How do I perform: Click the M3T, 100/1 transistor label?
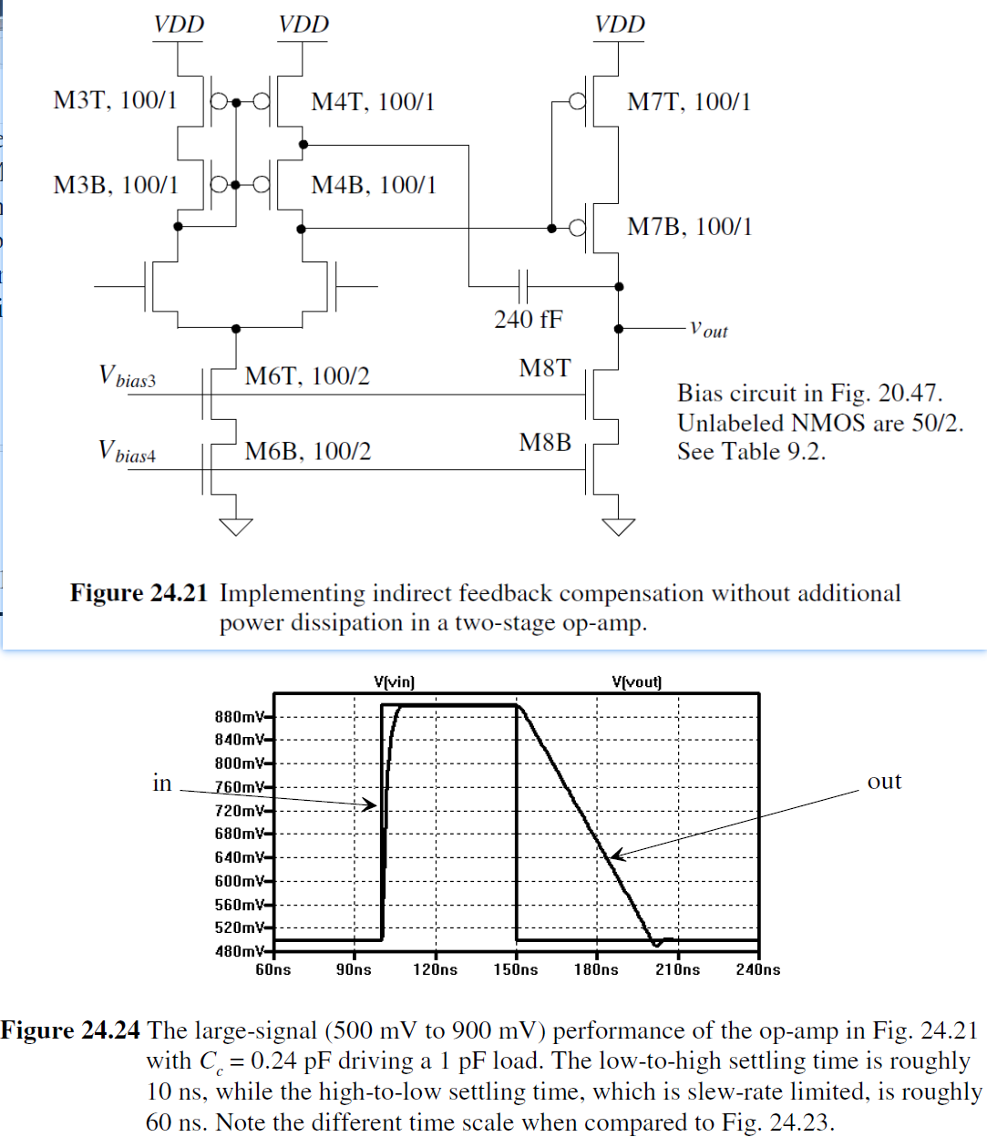(x=115, y=100)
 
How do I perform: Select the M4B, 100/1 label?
(x=374, y=185)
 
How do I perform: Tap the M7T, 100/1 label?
(x=689, y=102)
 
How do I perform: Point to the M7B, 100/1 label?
(x=690, y=227)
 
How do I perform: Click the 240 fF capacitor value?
(x=529, y=319)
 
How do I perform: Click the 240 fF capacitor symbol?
(x=523, y=286)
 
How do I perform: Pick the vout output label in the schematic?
(x=708, y=329)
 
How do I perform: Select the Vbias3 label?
(x=127, y=376)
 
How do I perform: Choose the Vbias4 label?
(x=127, y=451)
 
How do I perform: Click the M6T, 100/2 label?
(x=307, y=376)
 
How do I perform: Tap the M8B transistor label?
(x=545, y=443)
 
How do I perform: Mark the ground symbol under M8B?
(x=619, y=526)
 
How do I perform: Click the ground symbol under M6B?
(x=236, y=526)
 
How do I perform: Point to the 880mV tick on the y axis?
(x=240, y=717)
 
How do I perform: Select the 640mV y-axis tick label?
(x=240, y=857)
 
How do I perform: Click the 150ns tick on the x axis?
(x=516, y=969)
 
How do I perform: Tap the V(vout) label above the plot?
(x=637, y=681)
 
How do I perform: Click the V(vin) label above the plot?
(x=394, y=681)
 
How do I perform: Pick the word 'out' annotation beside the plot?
(x=884, y=782)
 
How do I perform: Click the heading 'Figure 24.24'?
(x=70, y=1030)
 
